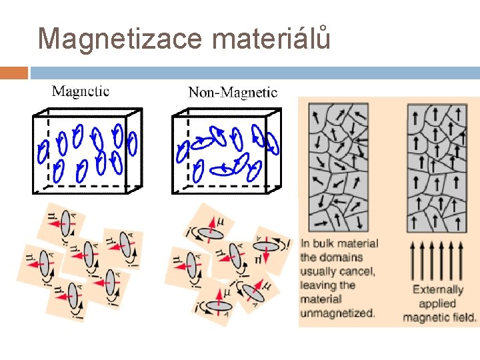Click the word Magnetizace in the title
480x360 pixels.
click(x=119, y=39)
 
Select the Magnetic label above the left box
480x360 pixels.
click(x=81, y=91)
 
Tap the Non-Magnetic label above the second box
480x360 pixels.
click(x=233, y=92)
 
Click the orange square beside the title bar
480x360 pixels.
click(x=14, y=73)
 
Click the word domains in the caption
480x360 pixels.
click(x=341, y=257)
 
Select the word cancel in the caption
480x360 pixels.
click(x=359, y=271)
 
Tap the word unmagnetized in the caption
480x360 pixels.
click(x=337, y=313)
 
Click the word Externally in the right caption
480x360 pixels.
click(x=437, y=289)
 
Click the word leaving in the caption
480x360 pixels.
click(x=319, y=285)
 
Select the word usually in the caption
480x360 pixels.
click(x=320, y=271)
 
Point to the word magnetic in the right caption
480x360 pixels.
click(x=425, y=317)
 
